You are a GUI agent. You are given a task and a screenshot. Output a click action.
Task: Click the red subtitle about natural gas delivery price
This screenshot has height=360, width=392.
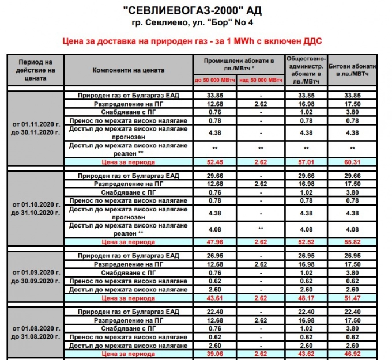click(x=195, y=41)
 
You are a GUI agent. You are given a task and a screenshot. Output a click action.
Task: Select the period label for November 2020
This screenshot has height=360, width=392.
click(x=35, y=128)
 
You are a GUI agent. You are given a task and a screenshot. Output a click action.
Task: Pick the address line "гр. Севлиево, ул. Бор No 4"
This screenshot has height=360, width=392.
click(x=195, y=23)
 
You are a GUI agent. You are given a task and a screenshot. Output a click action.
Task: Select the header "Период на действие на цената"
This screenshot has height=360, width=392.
click(x=35, y=70)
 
